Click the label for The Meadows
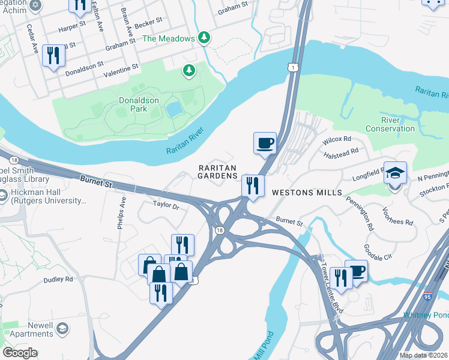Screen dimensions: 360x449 (169, 38)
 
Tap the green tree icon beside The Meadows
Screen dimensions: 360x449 (204, 38)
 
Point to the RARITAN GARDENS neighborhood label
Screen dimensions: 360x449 (217, 172)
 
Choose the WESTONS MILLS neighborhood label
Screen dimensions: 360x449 (307, 193)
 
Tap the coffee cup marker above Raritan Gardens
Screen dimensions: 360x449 (265, 143)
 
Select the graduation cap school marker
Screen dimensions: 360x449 (395, 173)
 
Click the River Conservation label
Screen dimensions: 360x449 (390, 124)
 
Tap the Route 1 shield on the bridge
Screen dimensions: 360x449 (292, 69)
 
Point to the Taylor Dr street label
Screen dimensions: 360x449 (166, 205)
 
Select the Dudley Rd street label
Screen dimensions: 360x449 (58, 279)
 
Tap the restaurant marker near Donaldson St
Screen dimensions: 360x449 (53, 56)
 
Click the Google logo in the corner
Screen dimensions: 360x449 (20, 352)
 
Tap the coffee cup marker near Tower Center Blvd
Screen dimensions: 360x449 (356, 271)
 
